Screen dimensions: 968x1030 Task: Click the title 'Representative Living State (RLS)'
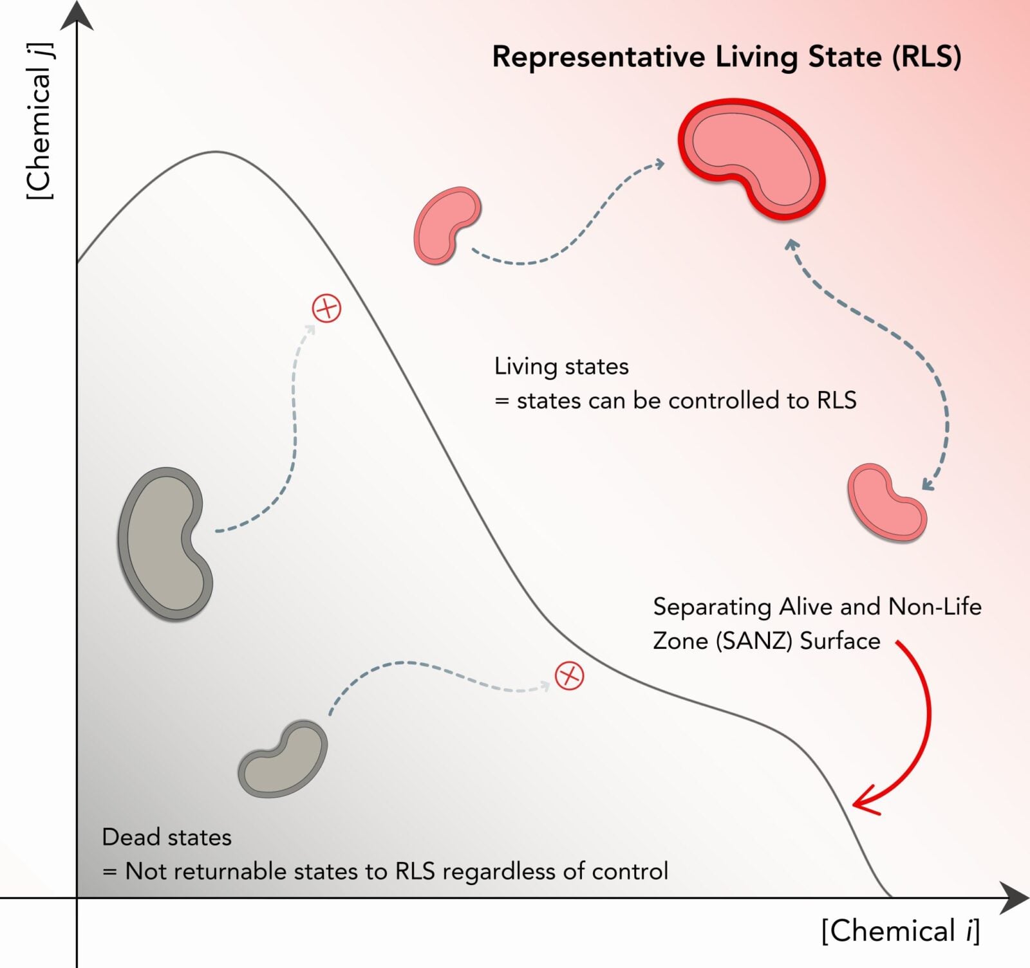pos(726,57)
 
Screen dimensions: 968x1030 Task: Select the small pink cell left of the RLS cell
pos(446,224)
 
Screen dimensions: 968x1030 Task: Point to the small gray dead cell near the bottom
pos(284,759)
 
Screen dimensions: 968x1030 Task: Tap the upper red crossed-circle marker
pos(326,309)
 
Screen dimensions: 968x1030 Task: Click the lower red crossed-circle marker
pos(569,676)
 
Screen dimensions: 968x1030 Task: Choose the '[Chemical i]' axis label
pos(900,931)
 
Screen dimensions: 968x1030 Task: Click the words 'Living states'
pos(561,367)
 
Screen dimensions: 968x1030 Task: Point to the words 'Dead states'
pos(167,837)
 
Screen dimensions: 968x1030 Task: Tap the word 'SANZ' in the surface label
pos(753,641)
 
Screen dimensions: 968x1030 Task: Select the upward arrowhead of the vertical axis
pos(77,15)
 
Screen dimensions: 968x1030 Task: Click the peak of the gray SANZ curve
pos(216,152)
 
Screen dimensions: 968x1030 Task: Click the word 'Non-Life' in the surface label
pos(935,607)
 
